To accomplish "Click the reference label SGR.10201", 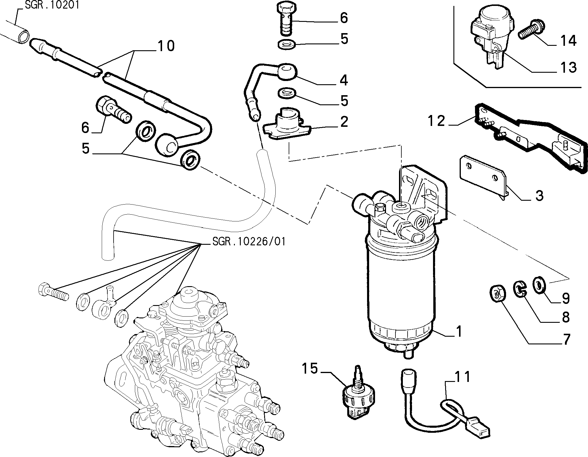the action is coord(52,5).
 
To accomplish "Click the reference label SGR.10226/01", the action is coord(249,242).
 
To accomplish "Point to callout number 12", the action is coord(436,121).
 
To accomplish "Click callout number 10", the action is coord(166,46).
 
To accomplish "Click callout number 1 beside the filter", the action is coord(459,332).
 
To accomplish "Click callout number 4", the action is coord(343,80).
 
